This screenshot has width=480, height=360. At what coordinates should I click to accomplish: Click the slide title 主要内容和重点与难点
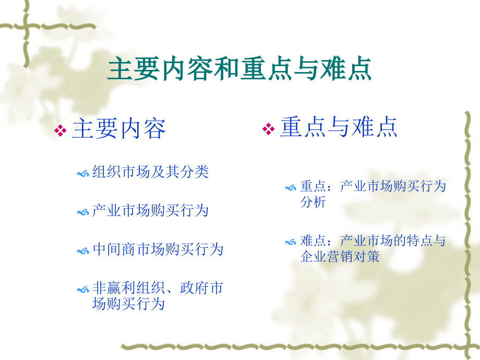tap(239, 69)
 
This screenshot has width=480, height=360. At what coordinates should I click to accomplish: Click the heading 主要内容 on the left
tap(119, 129)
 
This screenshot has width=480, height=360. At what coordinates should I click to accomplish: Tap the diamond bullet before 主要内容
tap(61, 130)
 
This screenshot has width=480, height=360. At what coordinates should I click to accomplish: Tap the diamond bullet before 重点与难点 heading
tap(268, 129)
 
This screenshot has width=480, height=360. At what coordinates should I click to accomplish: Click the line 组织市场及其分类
tap(150, 172)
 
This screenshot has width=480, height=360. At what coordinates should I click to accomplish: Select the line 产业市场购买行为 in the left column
tap(150, 211)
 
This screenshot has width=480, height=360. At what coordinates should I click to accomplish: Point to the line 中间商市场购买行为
tap(158, 249)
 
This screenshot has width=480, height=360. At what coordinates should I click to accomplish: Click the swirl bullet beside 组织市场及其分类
tap(82, 173)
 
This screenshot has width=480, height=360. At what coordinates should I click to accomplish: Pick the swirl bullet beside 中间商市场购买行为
tap(82, 251)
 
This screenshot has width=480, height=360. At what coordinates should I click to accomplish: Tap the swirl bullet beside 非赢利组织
tap(82, 289)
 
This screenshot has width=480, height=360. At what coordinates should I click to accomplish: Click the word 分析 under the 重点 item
tap(313, 202)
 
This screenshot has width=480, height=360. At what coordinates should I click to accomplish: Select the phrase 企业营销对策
tap(340, 257)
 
